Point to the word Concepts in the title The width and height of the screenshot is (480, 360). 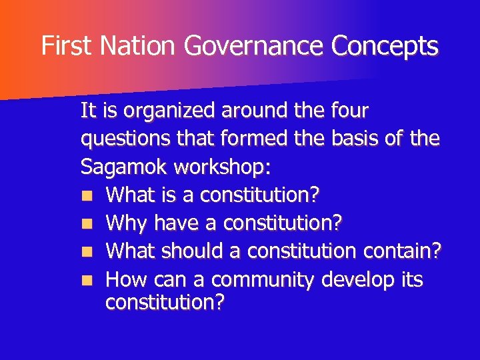pyautogui.click(x=385, y=46)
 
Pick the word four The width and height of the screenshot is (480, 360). pyautogui.click(x=349, y=109)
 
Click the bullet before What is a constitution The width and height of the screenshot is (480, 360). pyautogui.click(x=89, y=196)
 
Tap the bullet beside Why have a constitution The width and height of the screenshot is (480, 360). pyautogui.click(x=89, y=224)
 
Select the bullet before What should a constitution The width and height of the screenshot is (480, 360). pyautogui.click(x=89, y=252)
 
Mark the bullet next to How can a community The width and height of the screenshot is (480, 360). pyautogui.click(x=89, y=280)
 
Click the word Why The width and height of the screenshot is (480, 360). pyautogui.click(x=127, y=223)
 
